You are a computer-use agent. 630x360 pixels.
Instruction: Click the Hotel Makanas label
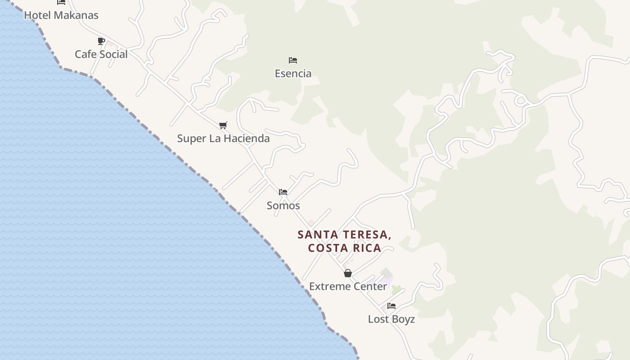(61, 15)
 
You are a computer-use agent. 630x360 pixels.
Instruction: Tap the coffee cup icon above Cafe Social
(101, 41)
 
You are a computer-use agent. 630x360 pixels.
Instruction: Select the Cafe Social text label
(101, 54)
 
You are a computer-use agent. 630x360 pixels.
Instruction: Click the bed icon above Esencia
(293, 60)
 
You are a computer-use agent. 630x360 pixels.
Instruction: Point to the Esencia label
(293, 73)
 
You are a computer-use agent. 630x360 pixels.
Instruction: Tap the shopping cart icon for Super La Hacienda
(223, 125)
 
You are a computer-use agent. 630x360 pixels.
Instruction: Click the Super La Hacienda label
(223, 139)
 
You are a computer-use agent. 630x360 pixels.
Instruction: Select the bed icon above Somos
(283, 192)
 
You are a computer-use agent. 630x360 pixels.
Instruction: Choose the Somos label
(283, 206)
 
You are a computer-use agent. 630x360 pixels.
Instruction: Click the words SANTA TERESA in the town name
(344, 235)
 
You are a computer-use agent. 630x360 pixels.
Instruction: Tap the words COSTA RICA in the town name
(344, 248)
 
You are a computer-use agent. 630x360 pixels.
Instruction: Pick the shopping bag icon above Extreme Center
(347, 273)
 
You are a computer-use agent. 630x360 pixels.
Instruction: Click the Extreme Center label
(348, 287)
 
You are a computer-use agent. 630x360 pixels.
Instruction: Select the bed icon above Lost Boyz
(391, 306)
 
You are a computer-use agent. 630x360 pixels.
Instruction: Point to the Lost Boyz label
(391, 319)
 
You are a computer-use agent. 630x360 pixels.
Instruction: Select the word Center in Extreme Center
(370, 287)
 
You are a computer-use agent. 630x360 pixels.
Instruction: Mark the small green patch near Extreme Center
(396, 290)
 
